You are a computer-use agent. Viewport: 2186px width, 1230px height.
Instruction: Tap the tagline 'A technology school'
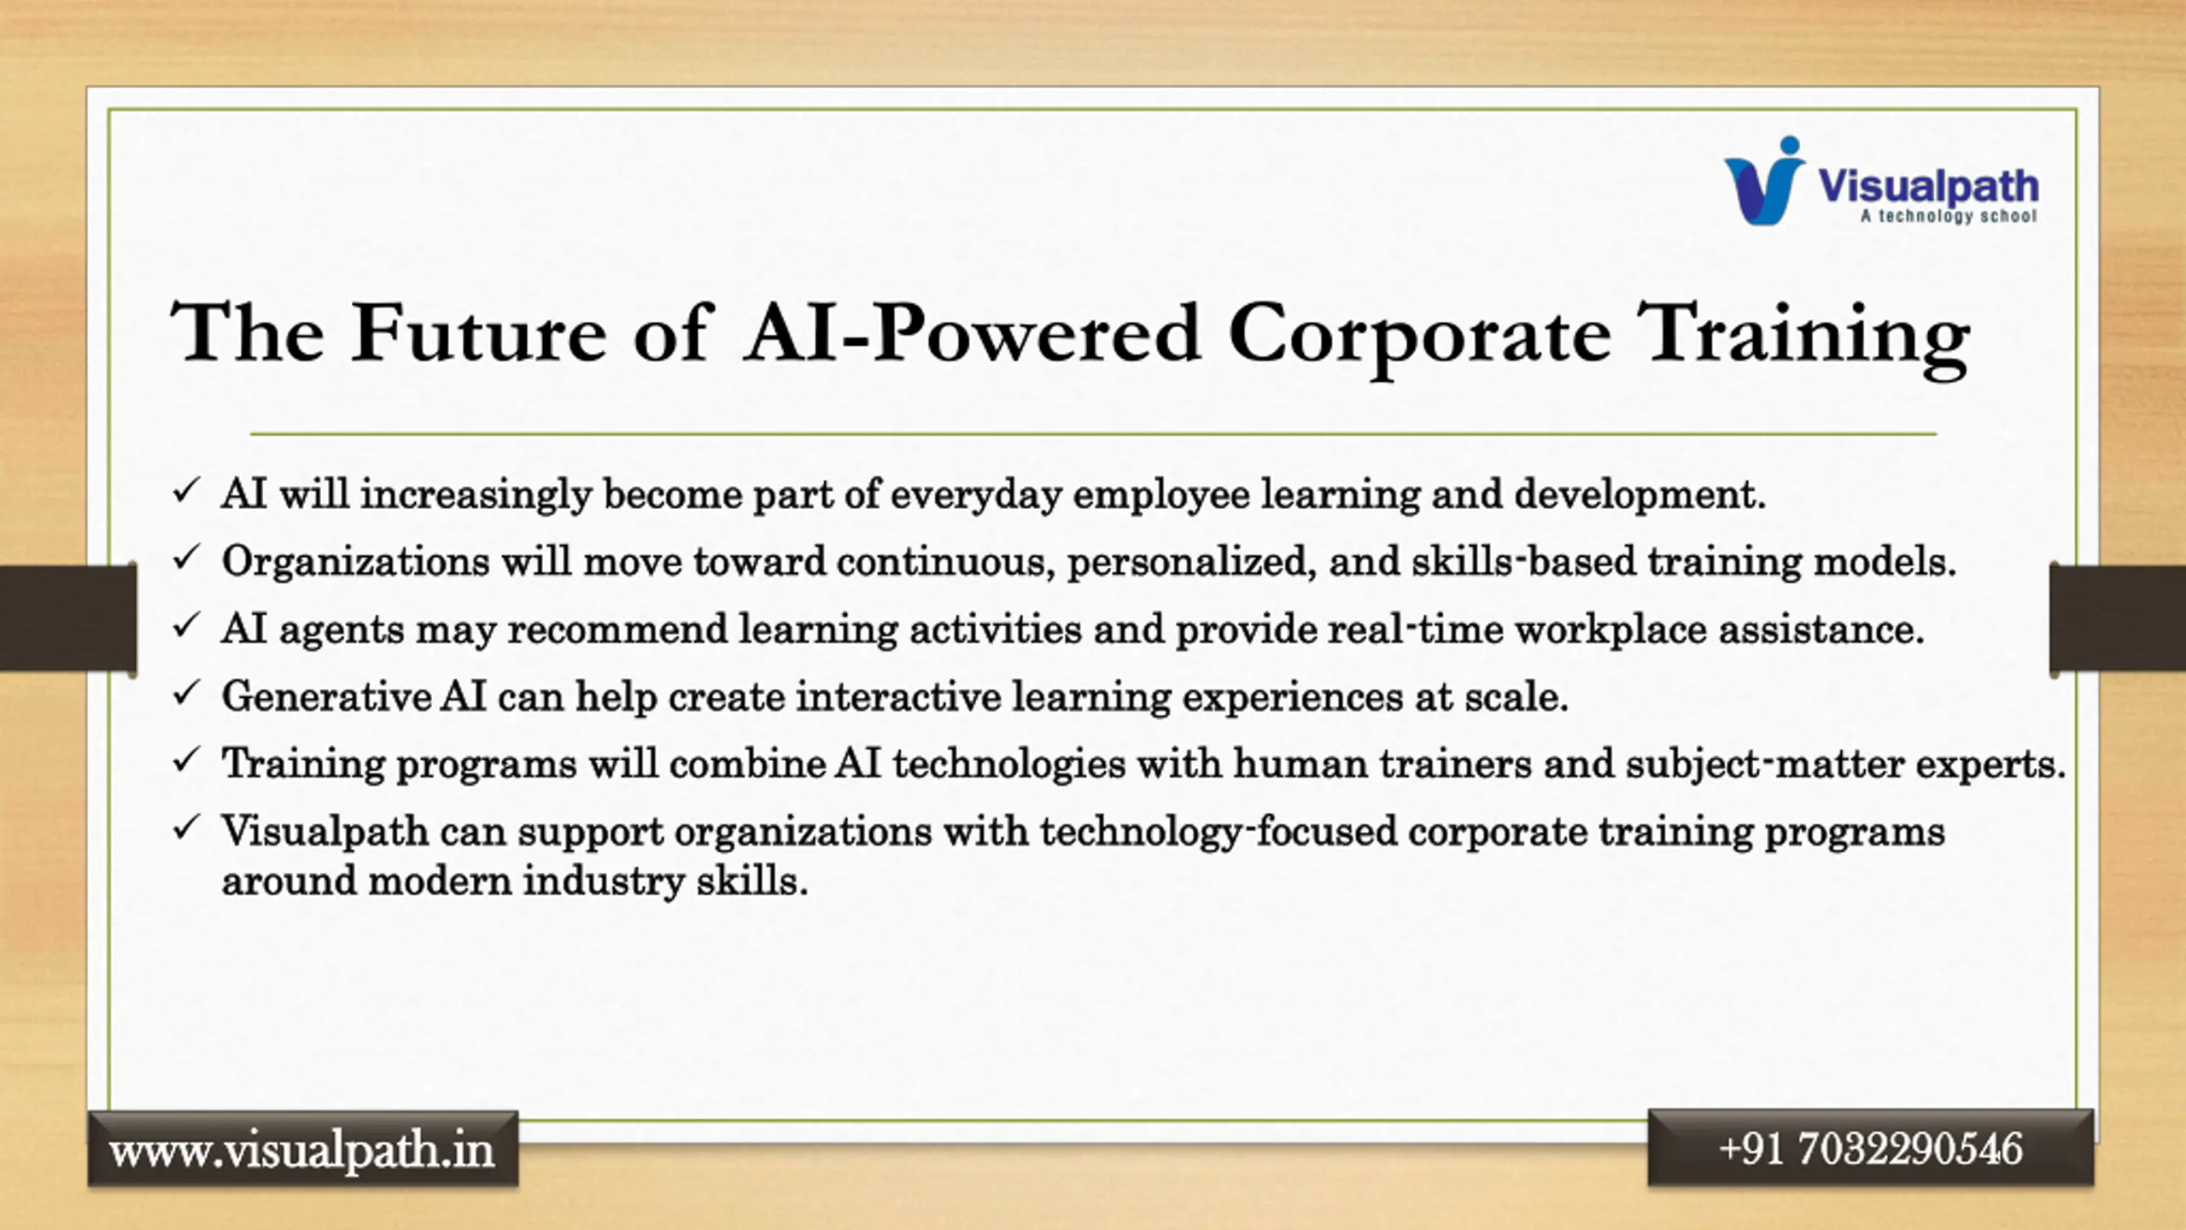pos(1949,216)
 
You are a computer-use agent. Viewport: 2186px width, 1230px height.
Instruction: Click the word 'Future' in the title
pos(478,332)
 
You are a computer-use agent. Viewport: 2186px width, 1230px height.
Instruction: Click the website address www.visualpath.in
pos(302,1151)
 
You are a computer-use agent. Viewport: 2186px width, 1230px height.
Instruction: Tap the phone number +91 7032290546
pos(1870,1148)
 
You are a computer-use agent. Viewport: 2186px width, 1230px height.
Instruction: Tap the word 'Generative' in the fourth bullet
pos(326,696)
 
